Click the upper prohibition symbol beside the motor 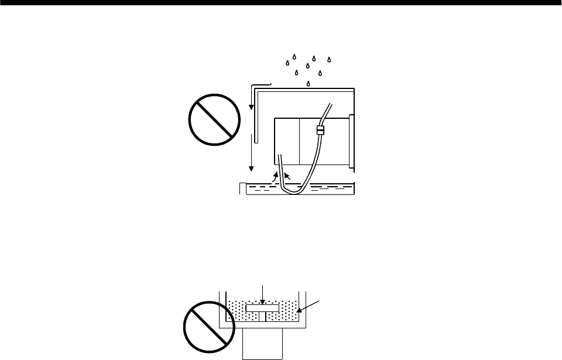(214, 120)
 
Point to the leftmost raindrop (287, 63)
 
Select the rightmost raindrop (330, 60)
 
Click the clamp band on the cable (320, 130)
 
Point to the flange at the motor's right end (351, 143)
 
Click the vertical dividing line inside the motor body (299, 140)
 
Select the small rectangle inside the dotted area (262, 308)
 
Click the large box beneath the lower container (263, 342)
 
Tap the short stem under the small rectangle (262, 317)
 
